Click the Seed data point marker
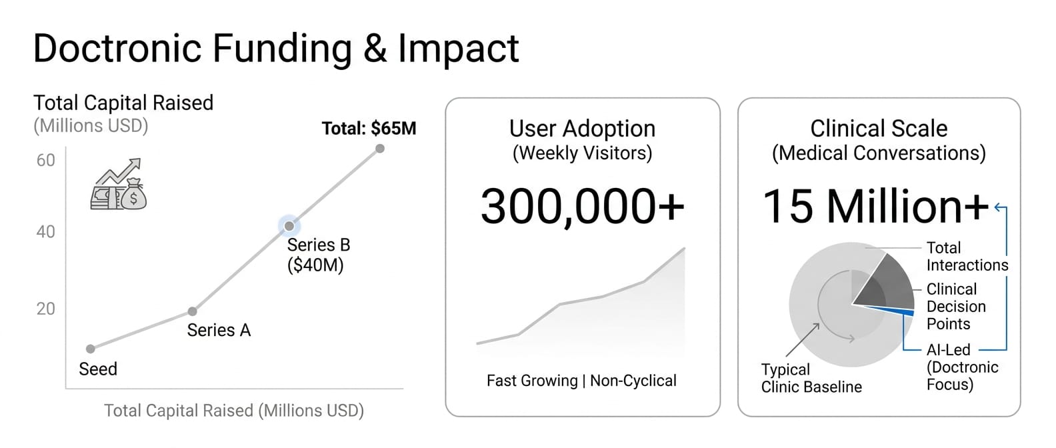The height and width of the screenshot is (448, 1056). [x=91, y=349]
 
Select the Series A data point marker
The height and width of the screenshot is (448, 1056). [x=193, y=311]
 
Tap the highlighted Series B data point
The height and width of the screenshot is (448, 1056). [x=289, y=227]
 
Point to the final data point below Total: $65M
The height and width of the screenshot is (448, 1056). [x=380, y=149]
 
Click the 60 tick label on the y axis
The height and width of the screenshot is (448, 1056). [x=46, y=161]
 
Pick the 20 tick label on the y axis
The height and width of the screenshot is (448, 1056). [x=46, y=309]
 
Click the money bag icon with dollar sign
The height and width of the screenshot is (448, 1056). [x=133, y=193]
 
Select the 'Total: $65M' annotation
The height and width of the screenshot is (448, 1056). [x=369, y=128]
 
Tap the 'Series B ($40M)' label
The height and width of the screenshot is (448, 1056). [x=319, y=255]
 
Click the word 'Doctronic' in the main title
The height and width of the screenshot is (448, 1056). [x=117, y=48]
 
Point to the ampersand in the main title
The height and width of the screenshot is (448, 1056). [x=375, y=49]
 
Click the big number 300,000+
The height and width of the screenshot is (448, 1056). [x=582, y=207]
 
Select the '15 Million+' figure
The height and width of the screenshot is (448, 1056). [x=875, y=207]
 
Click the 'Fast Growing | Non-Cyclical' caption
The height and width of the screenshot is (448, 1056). [x=582, y=381]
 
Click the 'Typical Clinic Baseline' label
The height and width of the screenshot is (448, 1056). [x=811, y=378]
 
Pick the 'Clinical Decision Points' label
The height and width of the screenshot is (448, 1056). [x=956, y=307]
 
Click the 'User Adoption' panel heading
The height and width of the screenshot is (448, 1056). [x=582, y=128]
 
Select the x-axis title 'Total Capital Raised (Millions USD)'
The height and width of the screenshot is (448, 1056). [x=234, y=410]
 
